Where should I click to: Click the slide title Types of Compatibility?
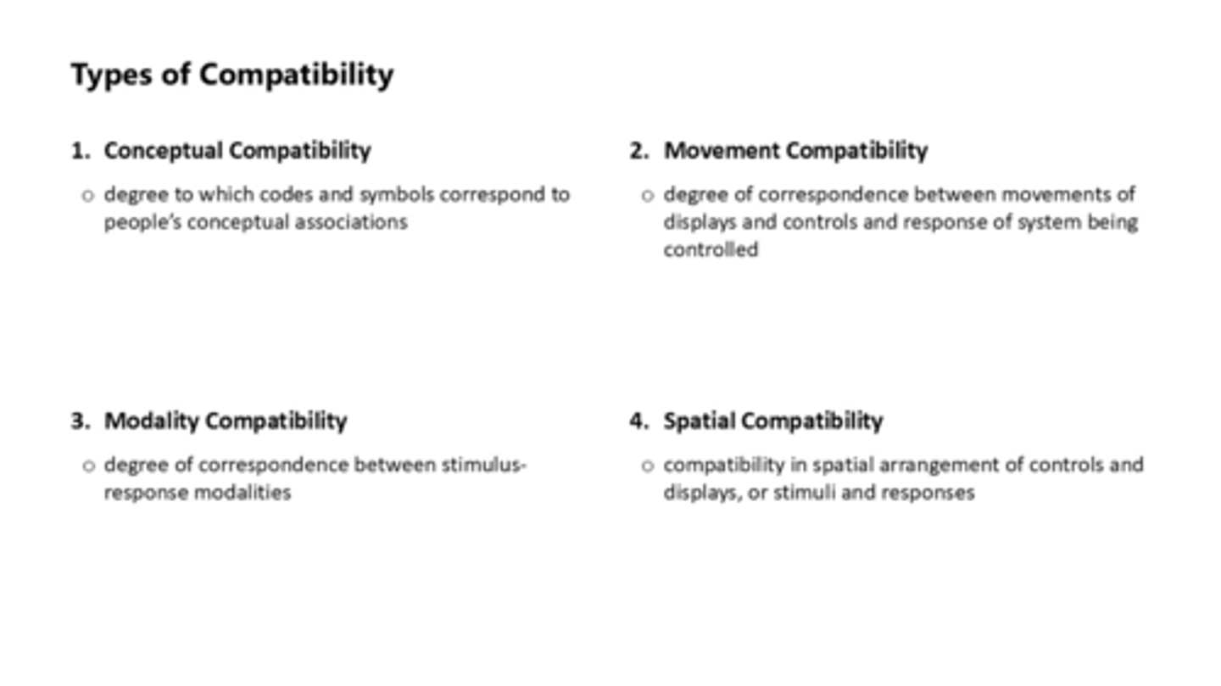pyautogui.click(x=231, y=75)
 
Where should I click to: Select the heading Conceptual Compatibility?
pyautogui.click(x=237, y=151)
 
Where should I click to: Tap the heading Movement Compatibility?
pyautogui.click(x=795, y=151)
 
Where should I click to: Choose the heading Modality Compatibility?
pyautogui.click(x=226, y=421)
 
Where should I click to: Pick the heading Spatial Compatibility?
pyautogui.click(x=772, y=421)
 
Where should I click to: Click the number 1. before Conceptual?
pyautogui.click(x=81, y=151)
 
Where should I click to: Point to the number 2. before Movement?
pyautogui.click(x=638, y=151)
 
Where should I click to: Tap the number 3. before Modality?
pyautogui.click(x=81, y=421)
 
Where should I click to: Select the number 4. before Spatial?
pyautogui.click(x=638, y=421)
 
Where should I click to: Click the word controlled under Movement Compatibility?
pyautogui.click(x=711, y=249)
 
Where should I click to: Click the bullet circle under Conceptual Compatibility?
pyautogui.click(x=87, y=196)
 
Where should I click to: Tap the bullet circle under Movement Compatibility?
pyautogui.click(x=648, y=196)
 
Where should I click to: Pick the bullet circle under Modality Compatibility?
pyautogui.click(x=87, y=466)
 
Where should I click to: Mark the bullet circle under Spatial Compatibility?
pyautogui.click(x=648, y=466)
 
